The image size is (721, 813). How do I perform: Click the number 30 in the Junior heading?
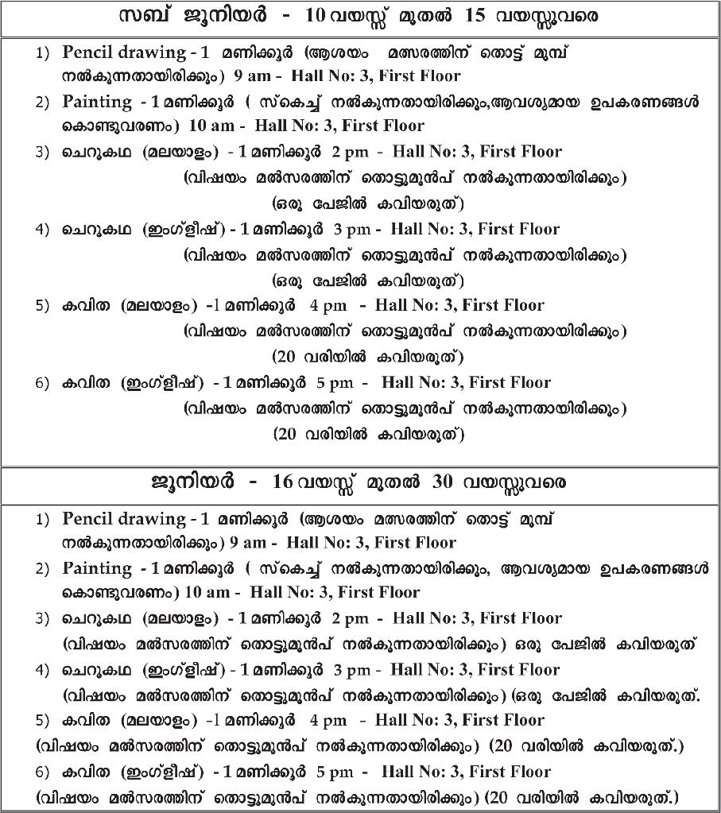[x=443, y=482]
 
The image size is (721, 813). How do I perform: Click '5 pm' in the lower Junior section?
[x=335, y=772]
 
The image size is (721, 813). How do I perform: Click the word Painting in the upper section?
[x=97, y=102]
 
